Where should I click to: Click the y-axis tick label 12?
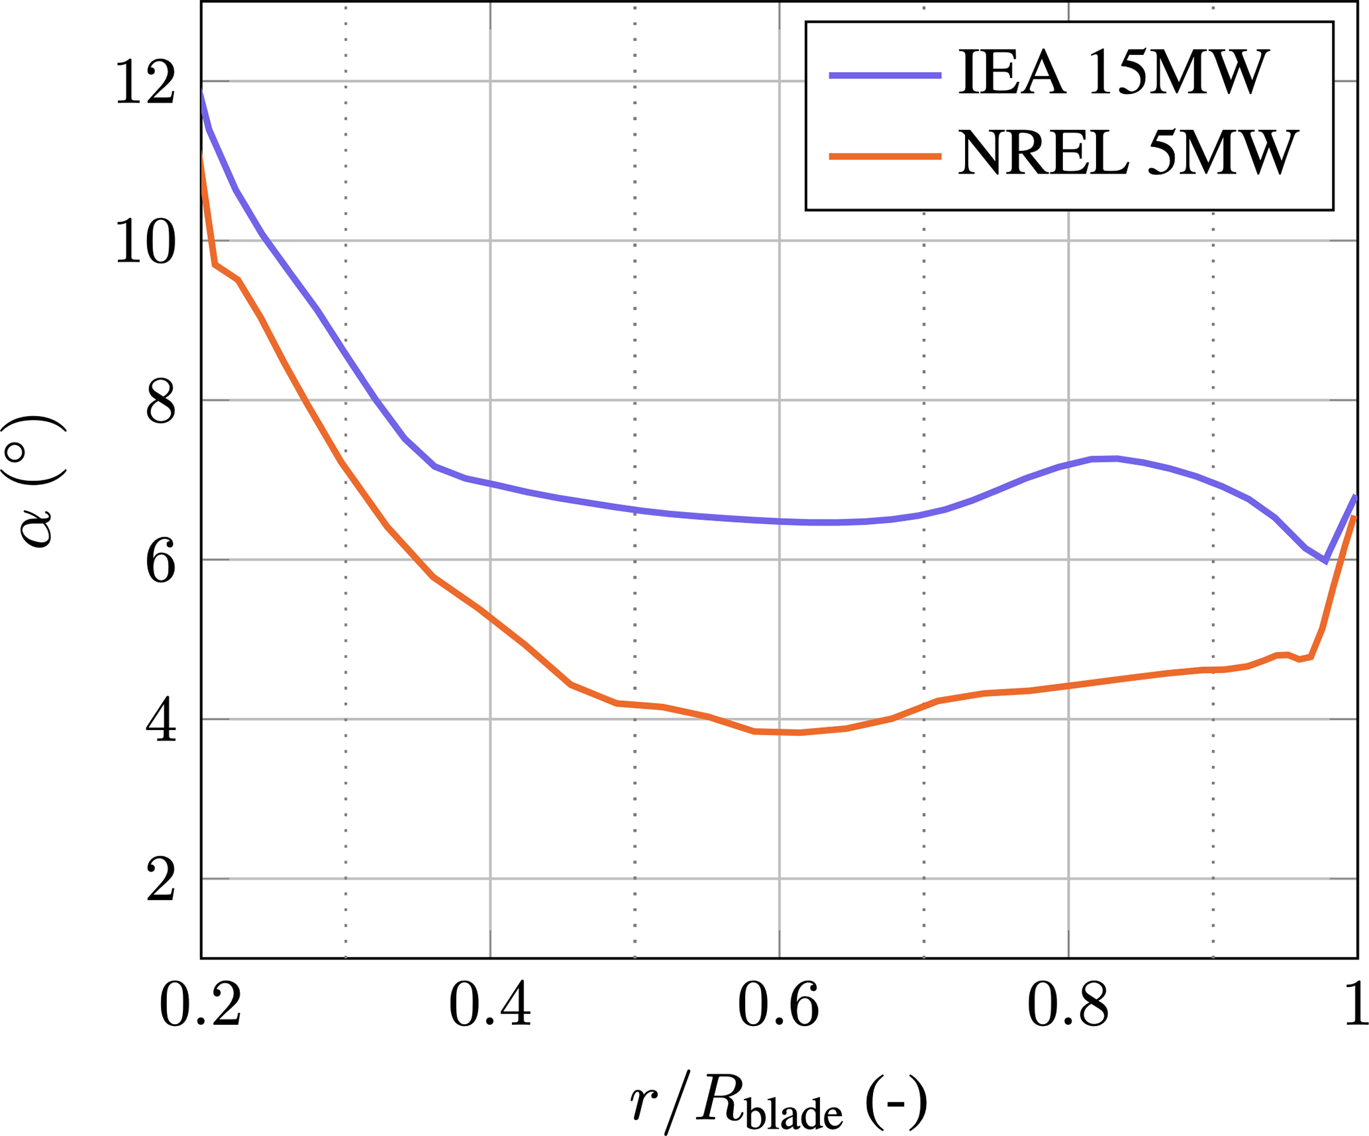pos(145,82)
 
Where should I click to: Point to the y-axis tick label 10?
pos(145,242)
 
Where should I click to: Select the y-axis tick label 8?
pos(160,401)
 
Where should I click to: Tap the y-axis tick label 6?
pos(160,562)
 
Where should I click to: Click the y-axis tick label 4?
pos(160,721)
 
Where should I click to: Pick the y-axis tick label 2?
pos(160,881)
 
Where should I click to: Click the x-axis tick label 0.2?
pos(200,1006)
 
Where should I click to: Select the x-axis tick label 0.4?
pos(489,1006)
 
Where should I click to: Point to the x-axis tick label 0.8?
pos(1068,1006)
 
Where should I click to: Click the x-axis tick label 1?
pos(1356,1006)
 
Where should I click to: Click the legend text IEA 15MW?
pos(1113,74)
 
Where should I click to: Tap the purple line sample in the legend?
pos(885,76)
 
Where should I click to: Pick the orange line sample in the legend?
pos(885,156)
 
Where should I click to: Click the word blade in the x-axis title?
pos(794,1114)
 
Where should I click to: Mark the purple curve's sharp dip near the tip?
pos(1325,561)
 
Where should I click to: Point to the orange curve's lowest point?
pos(799,732)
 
